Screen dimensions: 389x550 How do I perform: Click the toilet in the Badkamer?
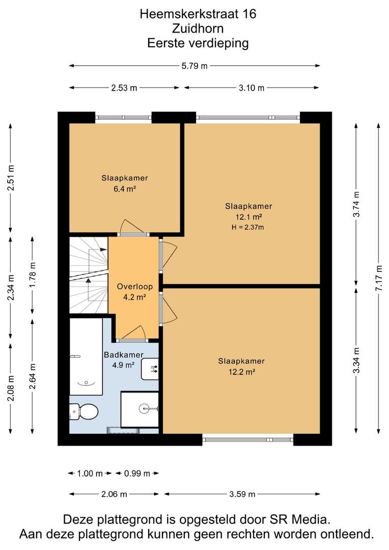pos(83,411)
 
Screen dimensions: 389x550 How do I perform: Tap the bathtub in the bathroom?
pos(86,356)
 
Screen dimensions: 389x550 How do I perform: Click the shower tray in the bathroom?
pos(140,409)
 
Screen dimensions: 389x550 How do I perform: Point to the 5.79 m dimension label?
pos(194,66)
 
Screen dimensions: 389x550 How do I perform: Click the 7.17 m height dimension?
pos(379,278)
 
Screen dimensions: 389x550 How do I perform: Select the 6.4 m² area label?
pos(125,189)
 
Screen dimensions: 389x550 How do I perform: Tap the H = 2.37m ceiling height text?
pos(247,227)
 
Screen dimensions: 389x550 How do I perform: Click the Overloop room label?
pos(135,287)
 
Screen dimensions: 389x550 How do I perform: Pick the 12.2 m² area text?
pos(242,372)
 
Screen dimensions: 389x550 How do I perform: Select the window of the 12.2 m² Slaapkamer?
pos(247,439)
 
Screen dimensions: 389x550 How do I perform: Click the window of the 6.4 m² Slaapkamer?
pos(123,118)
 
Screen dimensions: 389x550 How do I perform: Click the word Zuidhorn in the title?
pos(198,29)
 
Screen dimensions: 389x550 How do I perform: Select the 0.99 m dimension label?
pos(137,474)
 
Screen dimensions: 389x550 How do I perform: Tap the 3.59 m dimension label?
pos(242,494)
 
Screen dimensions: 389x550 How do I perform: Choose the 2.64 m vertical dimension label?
pos(32,376)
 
